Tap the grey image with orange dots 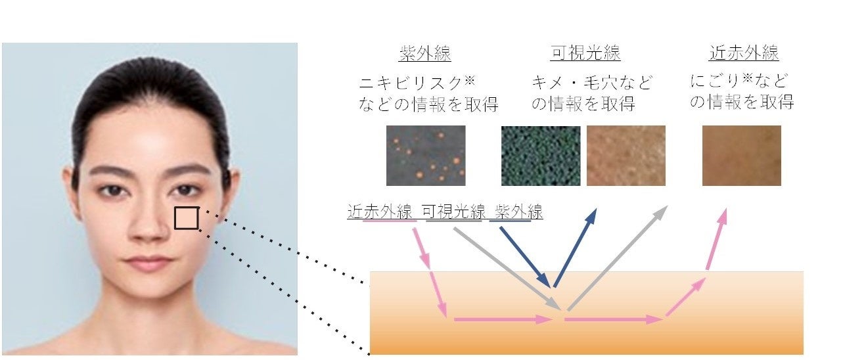[425, 156]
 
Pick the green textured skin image [540, 156]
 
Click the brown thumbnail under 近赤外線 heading [741, 156]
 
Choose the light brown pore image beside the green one [625, 156]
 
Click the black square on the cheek [186, 218]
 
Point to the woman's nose [148, 223]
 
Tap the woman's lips [149, 263]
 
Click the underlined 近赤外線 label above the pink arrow [380, 213]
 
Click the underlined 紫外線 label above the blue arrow [516, 213]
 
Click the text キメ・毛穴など [592, 83]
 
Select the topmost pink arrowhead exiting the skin [723, 217]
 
